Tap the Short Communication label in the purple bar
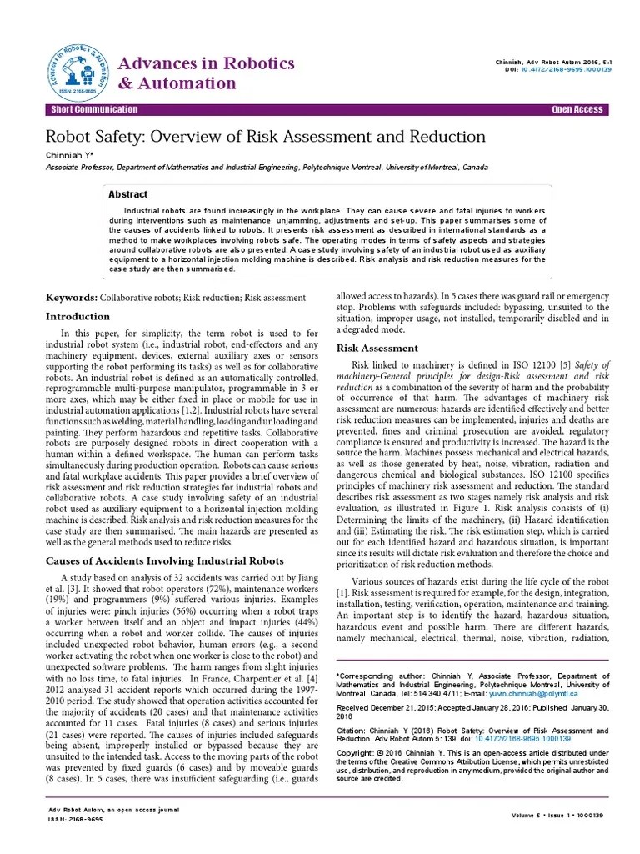click(x=94, y=110)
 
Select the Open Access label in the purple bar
click(x=577, y=110)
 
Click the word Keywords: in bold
click(x=71, y=297)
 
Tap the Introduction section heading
click(x=77, y=317)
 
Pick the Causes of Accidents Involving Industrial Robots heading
click(x=164, y=560)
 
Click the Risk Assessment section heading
click(x=377, y=348)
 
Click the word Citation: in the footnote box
click(x=352, y=731)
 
